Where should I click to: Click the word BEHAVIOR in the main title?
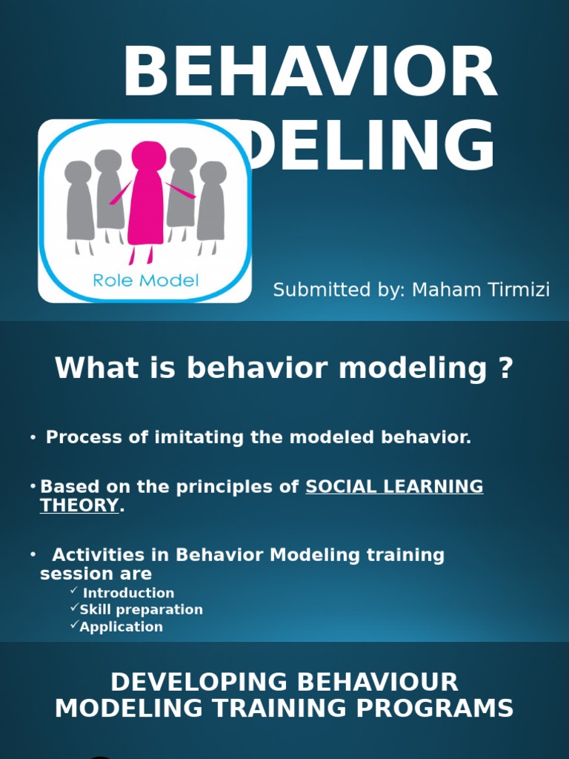tap(310, 73)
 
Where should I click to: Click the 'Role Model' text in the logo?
tap(146, 280)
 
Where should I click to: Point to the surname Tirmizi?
tap(519, 290)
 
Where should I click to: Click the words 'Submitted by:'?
tap(339, 290)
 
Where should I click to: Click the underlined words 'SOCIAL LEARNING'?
tap(394, 487)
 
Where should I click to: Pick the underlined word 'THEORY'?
tap(79, 506)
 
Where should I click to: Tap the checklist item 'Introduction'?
tap(128, 593)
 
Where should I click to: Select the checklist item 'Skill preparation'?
tap(141, 610)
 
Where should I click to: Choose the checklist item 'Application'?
tap(122, 627)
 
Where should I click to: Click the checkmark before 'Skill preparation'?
tap(74, 608)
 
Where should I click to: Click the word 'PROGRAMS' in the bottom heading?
tap(436, 708)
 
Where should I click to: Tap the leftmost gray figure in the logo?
tap(79, 204)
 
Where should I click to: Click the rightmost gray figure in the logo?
tap(212, 204)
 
